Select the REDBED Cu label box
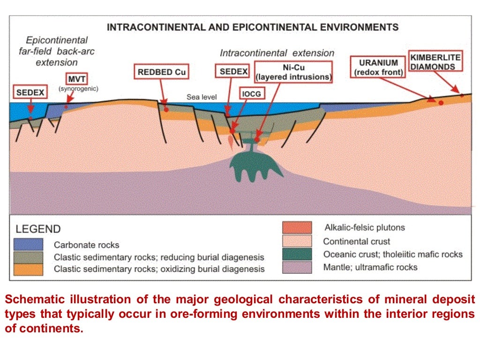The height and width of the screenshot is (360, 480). tap(162, 72)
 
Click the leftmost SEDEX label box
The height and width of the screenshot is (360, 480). tap(30, 92)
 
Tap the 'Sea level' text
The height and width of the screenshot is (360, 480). tap(202, 97)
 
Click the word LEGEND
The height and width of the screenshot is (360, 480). tap(38, 230)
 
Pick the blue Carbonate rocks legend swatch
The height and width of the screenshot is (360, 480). tap(29, 244)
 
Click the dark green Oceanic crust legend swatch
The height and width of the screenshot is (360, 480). tap(297, 255)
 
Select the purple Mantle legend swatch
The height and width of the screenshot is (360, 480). tap(297, 267)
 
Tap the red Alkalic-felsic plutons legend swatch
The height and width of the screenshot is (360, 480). tap(297, 228)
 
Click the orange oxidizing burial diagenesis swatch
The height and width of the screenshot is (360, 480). tap(29, 269)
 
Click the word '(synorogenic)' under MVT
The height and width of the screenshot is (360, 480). tap(78, 88)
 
